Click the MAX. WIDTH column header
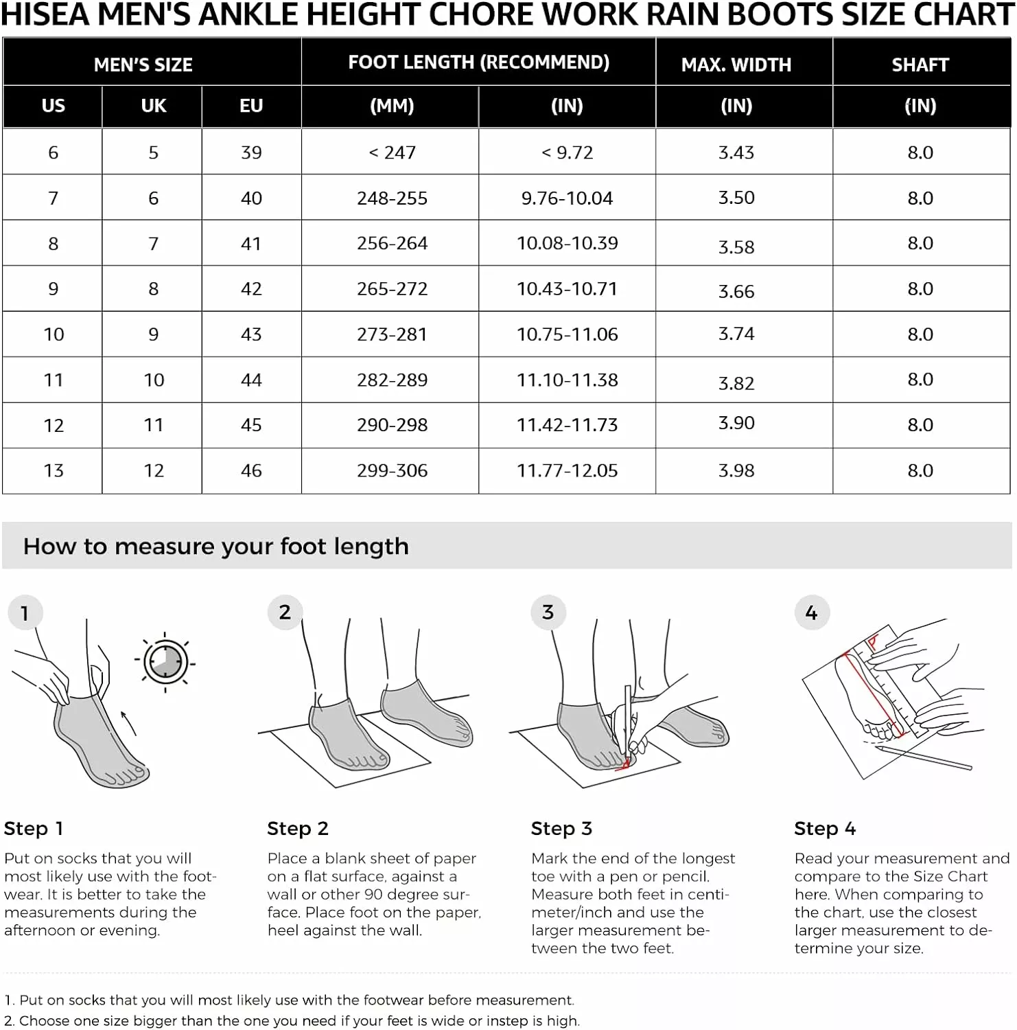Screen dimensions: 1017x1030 pos(736,65)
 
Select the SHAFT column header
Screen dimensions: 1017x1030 pos(920,65)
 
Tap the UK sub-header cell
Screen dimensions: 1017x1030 pos(153,106)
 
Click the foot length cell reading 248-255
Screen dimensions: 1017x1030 pos(392,198)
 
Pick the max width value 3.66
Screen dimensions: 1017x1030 pos(736,292)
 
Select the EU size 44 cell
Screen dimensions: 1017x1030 pos(251,380)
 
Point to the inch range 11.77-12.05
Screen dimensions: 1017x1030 pos(567,470)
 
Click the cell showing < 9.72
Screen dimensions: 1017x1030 pos(567,152)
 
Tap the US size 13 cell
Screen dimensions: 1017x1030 pos(54,470)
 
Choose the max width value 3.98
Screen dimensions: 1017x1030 pos(736,470)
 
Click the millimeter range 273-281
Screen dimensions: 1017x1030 pos(392,334)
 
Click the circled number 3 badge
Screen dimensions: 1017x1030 pos(548,612)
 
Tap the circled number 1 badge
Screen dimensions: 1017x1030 pos(25,613)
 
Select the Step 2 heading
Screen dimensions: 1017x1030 pos(298,829)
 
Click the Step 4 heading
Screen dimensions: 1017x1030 pos(825,829)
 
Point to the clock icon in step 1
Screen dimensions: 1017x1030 pos(165,663)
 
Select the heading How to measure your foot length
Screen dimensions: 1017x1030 pos(215,547)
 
